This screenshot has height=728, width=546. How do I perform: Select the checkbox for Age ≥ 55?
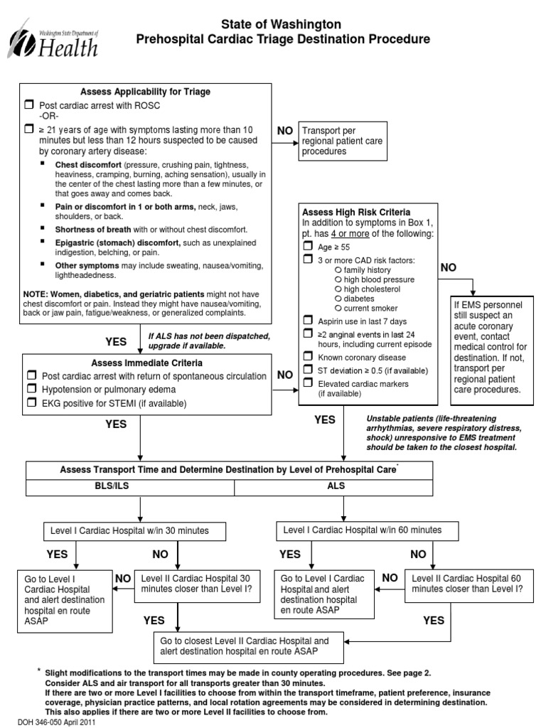coord(308,246)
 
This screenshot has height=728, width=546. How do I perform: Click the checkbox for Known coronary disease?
coord(308,356)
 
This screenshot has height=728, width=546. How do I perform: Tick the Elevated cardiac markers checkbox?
coord(308,383)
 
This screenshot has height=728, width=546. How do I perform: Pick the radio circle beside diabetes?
coord(338,299)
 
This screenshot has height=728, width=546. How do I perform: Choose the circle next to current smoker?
coord(338,309)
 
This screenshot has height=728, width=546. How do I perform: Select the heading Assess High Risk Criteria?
coord(356,212)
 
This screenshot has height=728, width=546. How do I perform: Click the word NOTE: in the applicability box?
coord(35,294)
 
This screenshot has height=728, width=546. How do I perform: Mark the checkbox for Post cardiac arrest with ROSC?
coord(29,105)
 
